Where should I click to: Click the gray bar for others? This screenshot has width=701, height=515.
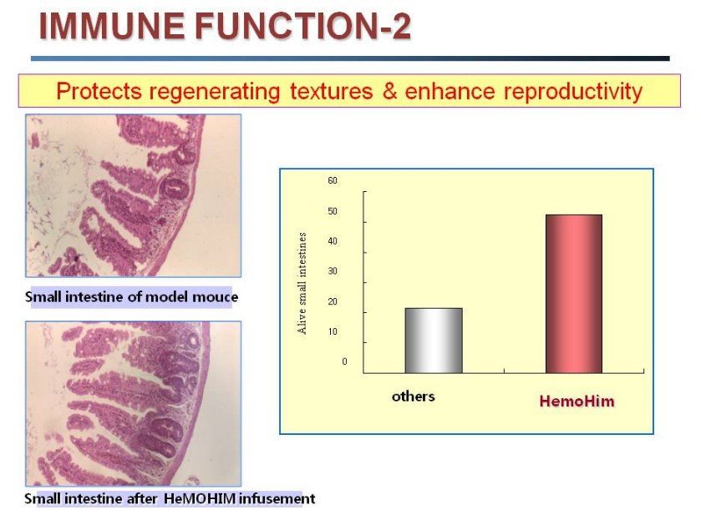click(433, 341)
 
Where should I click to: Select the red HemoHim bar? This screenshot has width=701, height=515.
click(573, 294)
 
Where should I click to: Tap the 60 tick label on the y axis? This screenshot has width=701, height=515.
click(333, 180)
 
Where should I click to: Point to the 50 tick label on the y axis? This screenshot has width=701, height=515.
click(333, 211)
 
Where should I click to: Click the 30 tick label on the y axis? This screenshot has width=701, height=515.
click(333, 271)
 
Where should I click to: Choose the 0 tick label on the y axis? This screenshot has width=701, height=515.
click(343, 361)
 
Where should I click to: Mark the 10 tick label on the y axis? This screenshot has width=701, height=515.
click(333, 331)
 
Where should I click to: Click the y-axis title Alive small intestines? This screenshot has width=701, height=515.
click(302, 284)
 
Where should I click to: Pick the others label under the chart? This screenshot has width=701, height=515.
click(413, 396)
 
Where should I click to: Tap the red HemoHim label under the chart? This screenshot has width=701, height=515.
click(577, 401)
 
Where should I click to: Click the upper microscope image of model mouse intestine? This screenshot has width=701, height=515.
click(133, 195)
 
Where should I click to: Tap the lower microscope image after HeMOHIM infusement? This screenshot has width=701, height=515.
click(133, 403)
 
